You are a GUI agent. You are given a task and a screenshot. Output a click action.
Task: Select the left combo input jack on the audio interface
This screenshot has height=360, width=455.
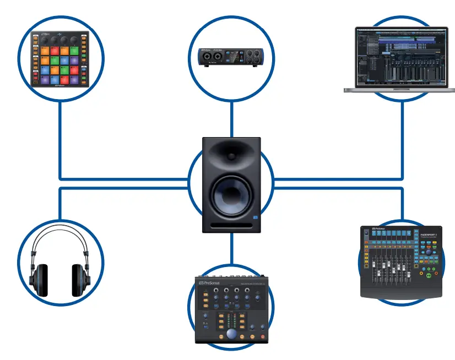click(207, 57)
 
